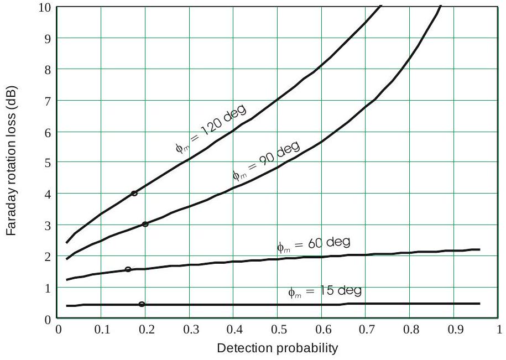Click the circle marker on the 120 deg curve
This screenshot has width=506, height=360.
(134, 193)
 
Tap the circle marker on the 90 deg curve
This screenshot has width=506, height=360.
(145, 224)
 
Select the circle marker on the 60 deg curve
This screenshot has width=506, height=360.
(128, 269)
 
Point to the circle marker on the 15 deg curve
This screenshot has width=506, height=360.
(142, 304)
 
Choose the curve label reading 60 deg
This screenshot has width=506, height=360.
(314, 244)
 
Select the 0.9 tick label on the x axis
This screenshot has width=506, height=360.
(453, 329)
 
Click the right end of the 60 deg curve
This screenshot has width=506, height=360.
(479, 249)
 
